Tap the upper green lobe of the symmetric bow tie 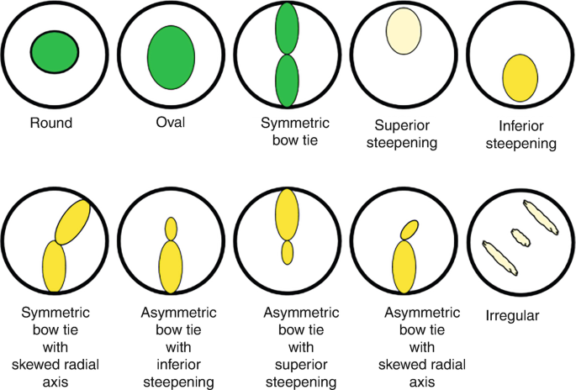[287, 29]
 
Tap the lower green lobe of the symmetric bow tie [288, 81]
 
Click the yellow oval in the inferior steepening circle [520, 77]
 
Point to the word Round [50, 123]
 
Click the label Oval [170, 123]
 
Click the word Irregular [512, 316]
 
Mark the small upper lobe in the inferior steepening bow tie [172, 228]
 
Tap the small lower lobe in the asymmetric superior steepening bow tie [288, 252]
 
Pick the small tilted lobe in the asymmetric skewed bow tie [409, 229]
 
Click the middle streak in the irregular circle [521, 238]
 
